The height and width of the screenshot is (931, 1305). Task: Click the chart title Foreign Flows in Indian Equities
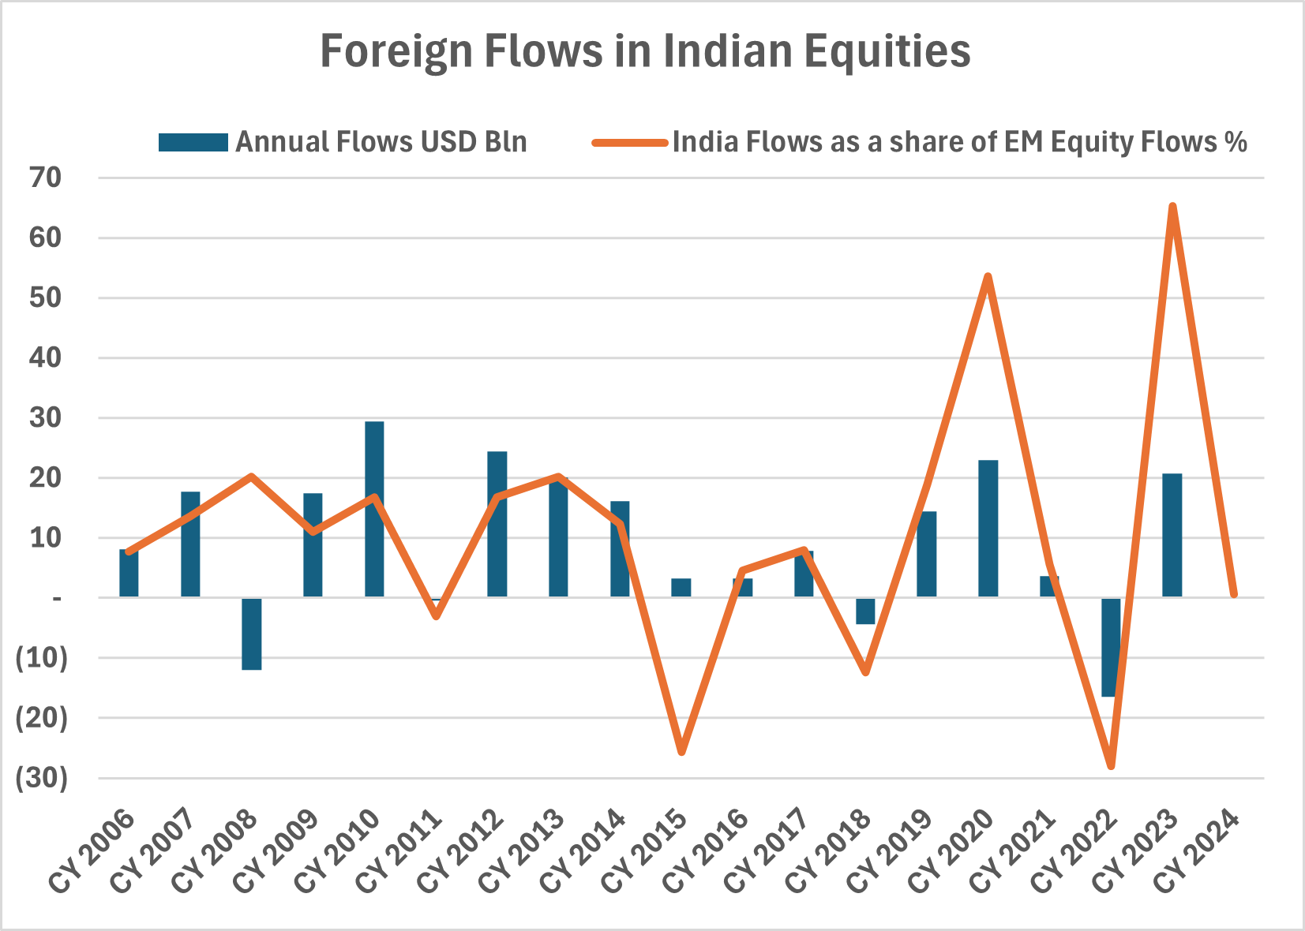(x=645, y=51)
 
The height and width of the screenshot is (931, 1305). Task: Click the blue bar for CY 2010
(x=374, y=509)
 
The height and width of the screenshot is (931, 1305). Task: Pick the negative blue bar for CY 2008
(x=252, y=634)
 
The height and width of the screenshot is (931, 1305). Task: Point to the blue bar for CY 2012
(x=497, y=524)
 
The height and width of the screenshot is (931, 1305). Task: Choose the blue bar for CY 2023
(x=1172, y=535)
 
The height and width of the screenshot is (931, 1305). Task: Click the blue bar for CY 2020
(x=988, y=529)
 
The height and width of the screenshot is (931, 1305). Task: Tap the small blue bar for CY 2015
(x=681, y=588)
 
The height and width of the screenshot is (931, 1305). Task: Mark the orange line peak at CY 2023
(x=1172, y=207)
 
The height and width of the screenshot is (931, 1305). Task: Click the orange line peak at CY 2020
(x=988, y=276)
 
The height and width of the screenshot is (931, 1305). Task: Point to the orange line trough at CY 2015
(x=681, y=752)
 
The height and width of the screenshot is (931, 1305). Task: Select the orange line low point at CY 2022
(x=1112, y=765)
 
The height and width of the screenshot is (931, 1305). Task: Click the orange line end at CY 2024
(x=1234, y=594)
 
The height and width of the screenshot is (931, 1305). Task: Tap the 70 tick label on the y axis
(x=45, y=178)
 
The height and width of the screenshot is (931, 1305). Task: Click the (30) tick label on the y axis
(x=42, y=778)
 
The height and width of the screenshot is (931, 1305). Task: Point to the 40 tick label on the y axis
(x=45, y=357)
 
